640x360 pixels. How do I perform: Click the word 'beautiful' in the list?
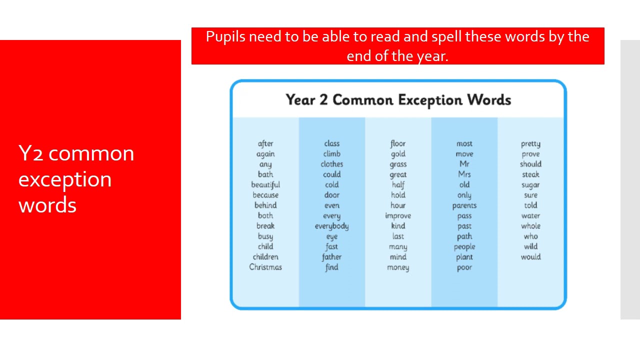click(265, 185)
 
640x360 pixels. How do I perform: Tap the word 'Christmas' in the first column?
click(265, 267)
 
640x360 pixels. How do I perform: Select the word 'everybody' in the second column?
click(331, 226)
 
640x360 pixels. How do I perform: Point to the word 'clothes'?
click(331, 164)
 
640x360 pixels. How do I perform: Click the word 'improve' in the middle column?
click(398, 216)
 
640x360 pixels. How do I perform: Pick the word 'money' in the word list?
click(398, 267)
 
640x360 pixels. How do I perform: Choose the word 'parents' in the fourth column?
click(464, 205)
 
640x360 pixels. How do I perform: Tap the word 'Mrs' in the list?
click(464, 174)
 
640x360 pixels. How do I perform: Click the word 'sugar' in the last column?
click(530, 185)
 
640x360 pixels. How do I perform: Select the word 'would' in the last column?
click(530, 257)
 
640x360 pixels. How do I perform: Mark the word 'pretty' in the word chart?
click(530, 144)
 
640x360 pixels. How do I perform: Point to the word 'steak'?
click(530, 174)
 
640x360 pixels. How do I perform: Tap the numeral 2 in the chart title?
click(323, 99)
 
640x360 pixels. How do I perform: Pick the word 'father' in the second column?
click(331, 257)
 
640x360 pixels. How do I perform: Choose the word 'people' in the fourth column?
click(464, 247)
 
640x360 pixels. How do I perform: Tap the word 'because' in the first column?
click(265, 195)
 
